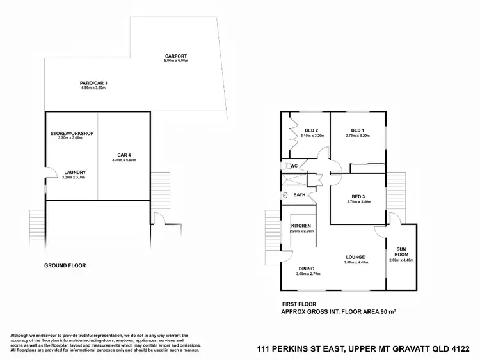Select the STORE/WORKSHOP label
pyautogui.click(x=72, y=133)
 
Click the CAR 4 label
pyautogui.click(x=124, y=154)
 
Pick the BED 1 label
pyautogui.click(x=358, y=130)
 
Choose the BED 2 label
pyautogui.click(x=311, y=130)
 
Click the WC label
pyautogui.click(x=294, y=166)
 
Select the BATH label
pyautogui.click(x=299, y=195)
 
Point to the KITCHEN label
pyautogui.click(x=301, y=226)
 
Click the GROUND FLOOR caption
pyautogui.click(x=65, y=265)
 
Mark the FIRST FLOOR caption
pyautogui.click(x=299, y=304)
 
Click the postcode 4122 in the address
pyautogui.click(x=460, y=349)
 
